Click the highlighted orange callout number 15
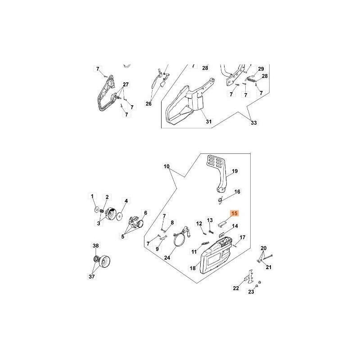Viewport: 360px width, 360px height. pyautogui.click(x=234, y=213)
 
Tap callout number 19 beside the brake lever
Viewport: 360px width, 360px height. pyautogui.click(x=234, y=171)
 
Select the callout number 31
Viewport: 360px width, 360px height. pyautogui.click(x=208, y=121)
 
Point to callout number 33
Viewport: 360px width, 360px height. pyautogui.click(x=254, y=123)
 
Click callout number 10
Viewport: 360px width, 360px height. pyautogui.click(x=166, y=166)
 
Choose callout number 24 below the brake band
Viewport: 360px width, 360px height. pyautogui.click(x=167, y=257)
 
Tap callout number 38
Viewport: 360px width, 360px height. pyautogui.click(x=96, y=246)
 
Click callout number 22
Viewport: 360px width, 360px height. pyautogui.click(x=236, y=288)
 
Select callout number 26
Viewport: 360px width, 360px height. pyautogui.click(x=148, y=103)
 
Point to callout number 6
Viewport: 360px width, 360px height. pyautogui.click(x=145, y=213)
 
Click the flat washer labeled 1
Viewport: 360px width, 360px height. pyautogui.click(x=97, y=210)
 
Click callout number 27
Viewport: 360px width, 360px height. pyautogui.click(x=126, y=85)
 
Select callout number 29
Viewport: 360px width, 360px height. pyautogui.click(x=261, y=69)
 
